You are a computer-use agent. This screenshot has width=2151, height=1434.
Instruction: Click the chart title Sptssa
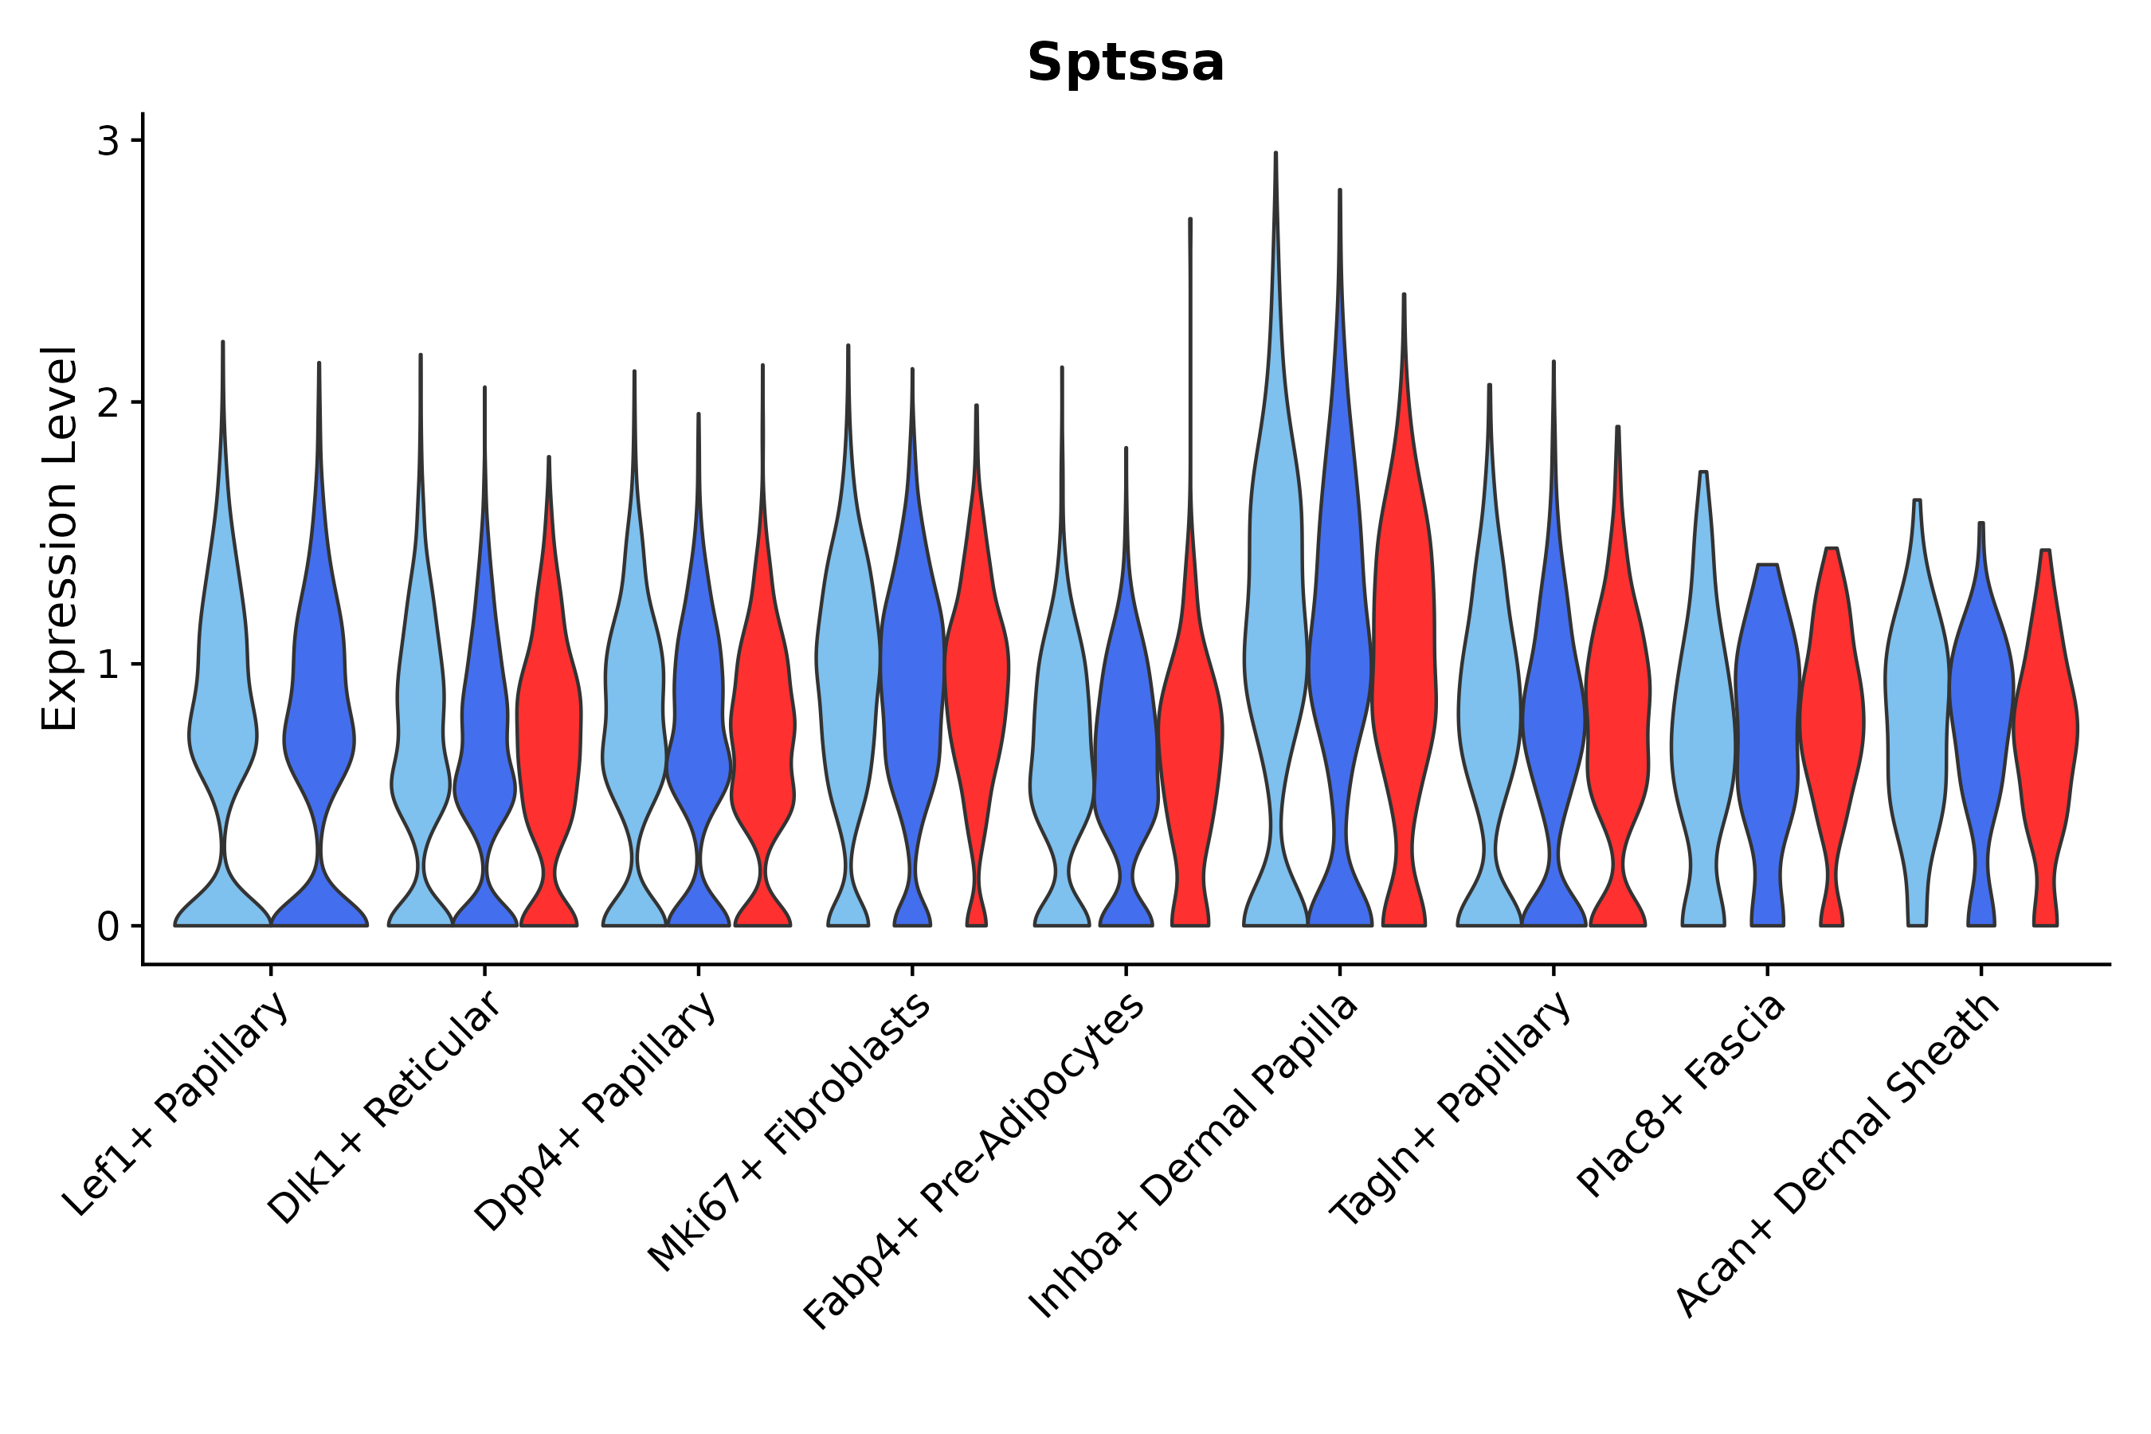pyautogui.click(x=1125, y=63)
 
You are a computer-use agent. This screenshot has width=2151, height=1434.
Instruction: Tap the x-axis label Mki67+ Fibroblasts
pyautogui.click(x=790, y=1131)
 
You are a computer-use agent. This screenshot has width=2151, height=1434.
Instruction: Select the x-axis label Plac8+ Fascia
pyautogui.click(x=1681, y=1095)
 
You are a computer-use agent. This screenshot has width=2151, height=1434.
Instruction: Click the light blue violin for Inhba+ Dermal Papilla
pyautogui.click(x=1275, y=641)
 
